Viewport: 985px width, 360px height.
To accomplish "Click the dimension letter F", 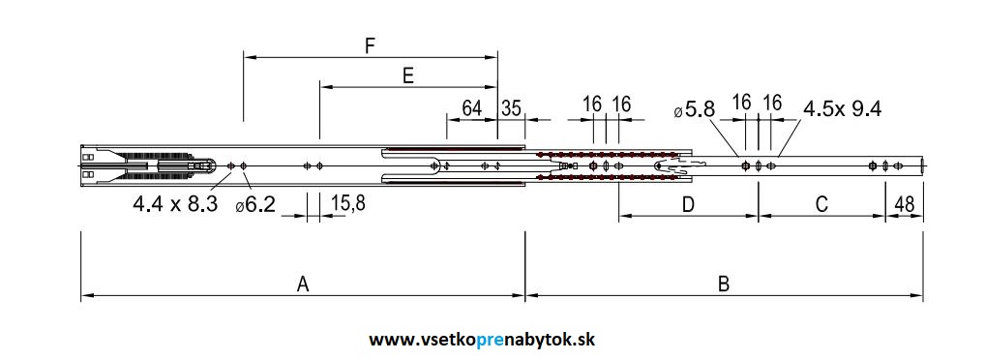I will click(369, 45).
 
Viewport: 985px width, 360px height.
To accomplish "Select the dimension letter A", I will click(303, 284).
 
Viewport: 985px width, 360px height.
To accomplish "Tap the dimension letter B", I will click(723, 284).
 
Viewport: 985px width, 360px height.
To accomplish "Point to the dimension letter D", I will click(688, 204).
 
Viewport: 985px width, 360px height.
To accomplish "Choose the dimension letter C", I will click(821, 204).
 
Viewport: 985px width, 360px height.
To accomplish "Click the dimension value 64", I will click(471, 107).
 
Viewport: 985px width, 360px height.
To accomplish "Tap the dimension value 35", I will click(511, 107).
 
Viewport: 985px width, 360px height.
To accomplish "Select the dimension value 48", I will click(905, 204).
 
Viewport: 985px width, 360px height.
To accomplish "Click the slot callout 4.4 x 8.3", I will click(175, 204).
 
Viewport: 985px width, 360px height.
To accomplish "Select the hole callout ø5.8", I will click(694, 109).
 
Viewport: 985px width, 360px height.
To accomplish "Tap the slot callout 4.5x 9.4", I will click(842, 107).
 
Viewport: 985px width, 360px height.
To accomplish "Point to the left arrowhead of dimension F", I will click(248, 58).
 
